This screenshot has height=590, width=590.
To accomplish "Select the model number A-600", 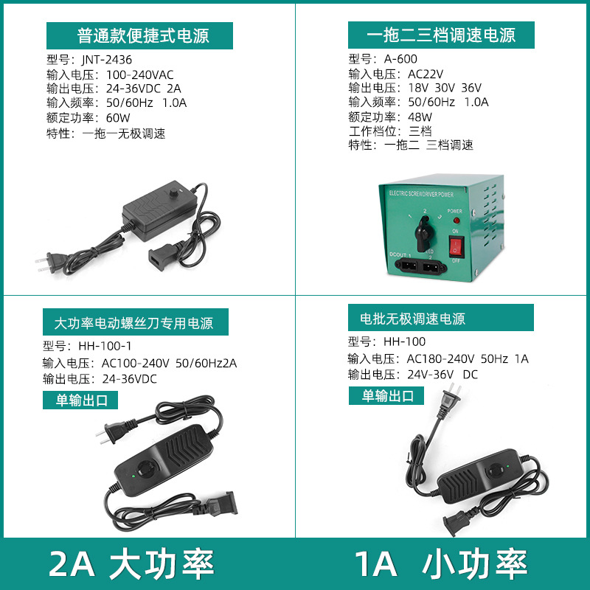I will tap(401, 59).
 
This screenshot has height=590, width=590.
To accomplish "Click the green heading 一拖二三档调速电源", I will tap(442, 35).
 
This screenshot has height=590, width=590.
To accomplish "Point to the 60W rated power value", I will tap(118, 118).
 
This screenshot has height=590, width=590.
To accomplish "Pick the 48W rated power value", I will tap(420, 117).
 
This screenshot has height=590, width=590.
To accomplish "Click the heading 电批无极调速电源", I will tap(412, 319).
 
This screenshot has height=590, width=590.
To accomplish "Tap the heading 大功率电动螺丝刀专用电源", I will tap(133, 323).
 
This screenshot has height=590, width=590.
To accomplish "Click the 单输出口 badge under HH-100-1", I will tap(80, 400).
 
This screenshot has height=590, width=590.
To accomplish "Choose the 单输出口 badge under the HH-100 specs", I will tap(386, 395).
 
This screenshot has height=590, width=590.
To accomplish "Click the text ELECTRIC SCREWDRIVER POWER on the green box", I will tap(422, 194).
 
